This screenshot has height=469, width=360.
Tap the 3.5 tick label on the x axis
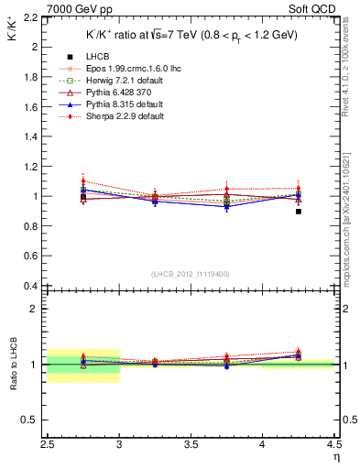pyautogui.click(x=191, y=448)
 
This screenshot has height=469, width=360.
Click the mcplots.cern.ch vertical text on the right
pyautogui.click(x=352, y=211)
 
